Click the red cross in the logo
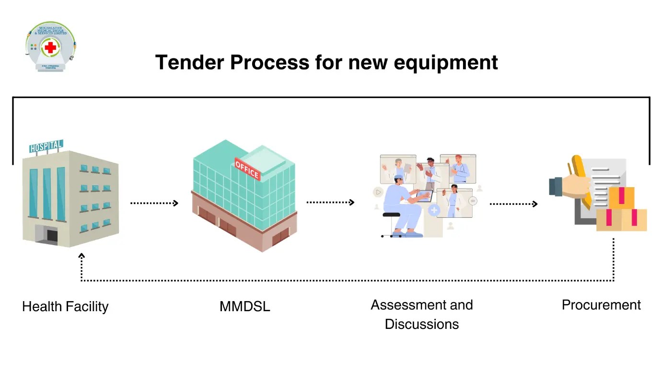[x=50, y=47]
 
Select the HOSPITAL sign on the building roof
[x=46, y=146]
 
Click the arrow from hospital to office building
[x=154, y=203]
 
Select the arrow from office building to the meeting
[x=330, y=202]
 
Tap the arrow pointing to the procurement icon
[x=513, y=203]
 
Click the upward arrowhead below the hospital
[x=82, y=256]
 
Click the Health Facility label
[x=65, y=306]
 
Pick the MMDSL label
[x=244, y=306]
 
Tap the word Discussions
[x=421, y=324]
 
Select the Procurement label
[x=601, y=305]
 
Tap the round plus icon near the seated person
[x=434, y=210]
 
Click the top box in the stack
[x=622, y=197]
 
